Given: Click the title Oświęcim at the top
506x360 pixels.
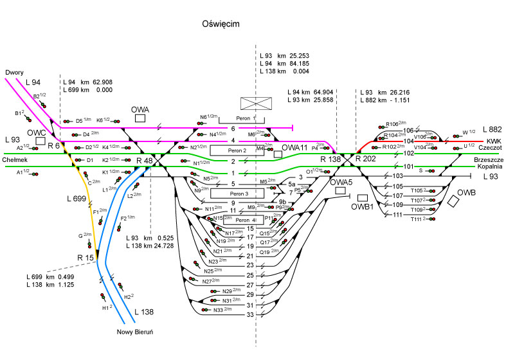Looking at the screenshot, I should click(x=221, y=24).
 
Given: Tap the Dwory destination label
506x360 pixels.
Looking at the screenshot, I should click(x=14, y=72).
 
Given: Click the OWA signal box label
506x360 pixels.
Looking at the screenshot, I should click(x=140, y=109).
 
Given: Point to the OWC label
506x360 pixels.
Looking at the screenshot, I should click(x=36, y=132).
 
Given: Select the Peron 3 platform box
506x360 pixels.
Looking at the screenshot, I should click(x=230, y=193).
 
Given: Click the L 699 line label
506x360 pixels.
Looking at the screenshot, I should click(x=76, y=199).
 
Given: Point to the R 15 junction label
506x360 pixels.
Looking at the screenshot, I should click(x=86, y=258).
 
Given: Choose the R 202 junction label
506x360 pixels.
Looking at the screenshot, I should click(x=366, y=158).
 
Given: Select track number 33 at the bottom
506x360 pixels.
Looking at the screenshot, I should click(x=251, y=314).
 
